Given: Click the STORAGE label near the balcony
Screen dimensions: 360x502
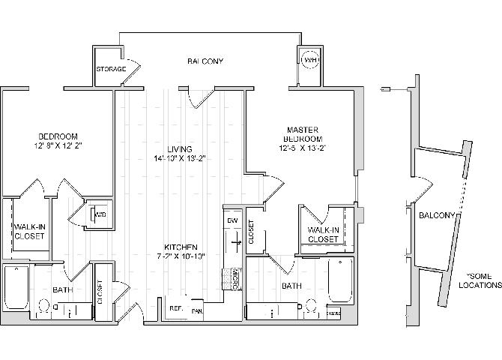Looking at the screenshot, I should pos(110,70).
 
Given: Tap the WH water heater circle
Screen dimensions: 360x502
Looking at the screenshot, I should pos(309,61).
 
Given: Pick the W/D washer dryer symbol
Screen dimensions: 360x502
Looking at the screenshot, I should pos(98,215).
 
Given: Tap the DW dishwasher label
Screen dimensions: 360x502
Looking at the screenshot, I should pos(233,220).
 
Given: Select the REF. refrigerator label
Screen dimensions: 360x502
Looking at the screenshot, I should pos(176,308).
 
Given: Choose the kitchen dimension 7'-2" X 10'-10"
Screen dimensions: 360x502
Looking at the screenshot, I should pos(181,256).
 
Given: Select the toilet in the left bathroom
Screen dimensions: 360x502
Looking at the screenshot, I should pos(43,307).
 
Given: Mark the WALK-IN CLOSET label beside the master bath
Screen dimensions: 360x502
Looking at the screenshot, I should pos(324,235).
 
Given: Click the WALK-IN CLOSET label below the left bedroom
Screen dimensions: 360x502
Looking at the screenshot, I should pos(28,231).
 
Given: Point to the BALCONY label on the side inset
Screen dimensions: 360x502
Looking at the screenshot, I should pos(437,216).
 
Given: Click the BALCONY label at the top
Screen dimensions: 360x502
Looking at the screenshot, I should pos(205,61).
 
